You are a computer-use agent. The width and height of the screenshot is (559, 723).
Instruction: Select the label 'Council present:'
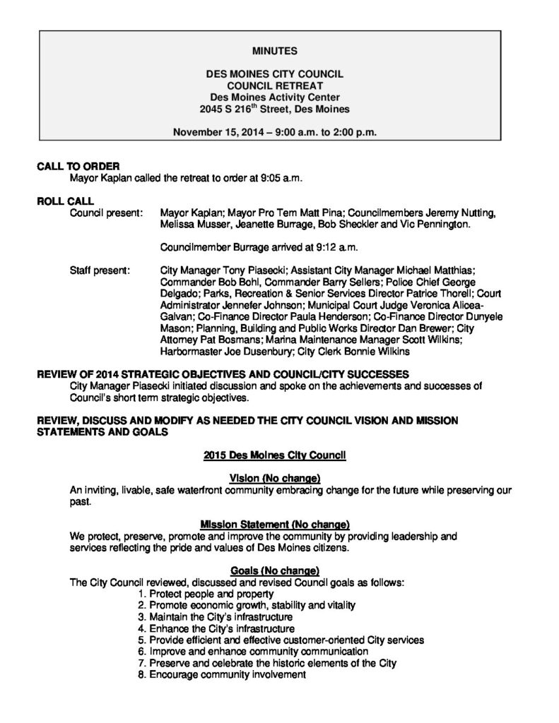[x=106, y=212]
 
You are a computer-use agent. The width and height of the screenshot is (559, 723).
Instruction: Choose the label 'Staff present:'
[x=100, y=270]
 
